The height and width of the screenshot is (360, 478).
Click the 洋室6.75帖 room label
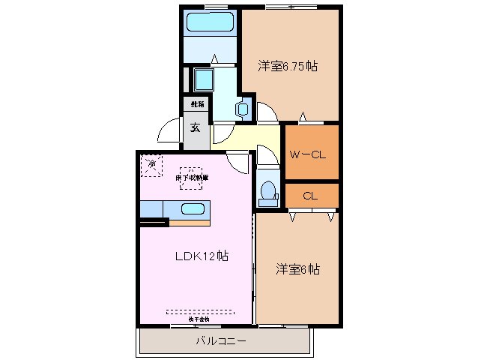point(288,66)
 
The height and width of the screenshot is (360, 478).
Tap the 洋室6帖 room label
point(297,268)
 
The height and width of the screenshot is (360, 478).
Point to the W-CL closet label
point(306,155)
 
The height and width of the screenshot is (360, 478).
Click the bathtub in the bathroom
point(211,22)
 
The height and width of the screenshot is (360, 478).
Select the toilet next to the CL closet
point(266,193)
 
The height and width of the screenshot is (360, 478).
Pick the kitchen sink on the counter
point(193,208)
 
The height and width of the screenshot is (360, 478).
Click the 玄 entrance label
point(195,127)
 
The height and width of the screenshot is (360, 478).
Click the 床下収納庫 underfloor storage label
point(193,177)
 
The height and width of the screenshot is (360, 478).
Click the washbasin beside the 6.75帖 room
point(242,109)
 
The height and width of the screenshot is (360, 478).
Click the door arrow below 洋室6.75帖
point(303,116)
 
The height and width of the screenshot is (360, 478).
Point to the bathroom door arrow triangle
point(214,58)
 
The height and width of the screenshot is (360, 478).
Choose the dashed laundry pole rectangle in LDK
point(199,312)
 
